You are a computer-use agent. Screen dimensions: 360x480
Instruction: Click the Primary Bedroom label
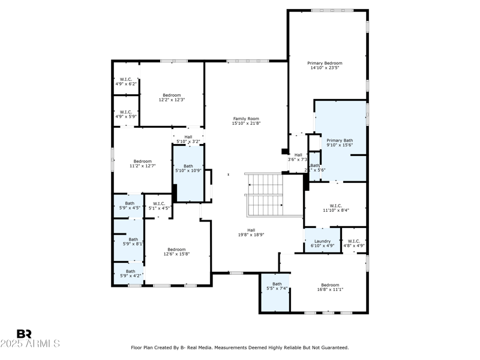point(325,63)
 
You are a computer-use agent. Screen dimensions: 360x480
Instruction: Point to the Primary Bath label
point(340,140)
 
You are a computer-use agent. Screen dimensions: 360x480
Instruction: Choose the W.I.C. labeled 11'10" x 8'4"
point(335,208)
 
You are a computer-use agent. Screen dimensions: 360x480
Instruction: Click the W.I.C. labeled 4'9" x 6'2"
point(126,81)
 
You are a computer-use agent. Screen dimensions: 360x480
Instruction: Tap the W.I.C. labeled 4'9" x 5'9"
point(126,113)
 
